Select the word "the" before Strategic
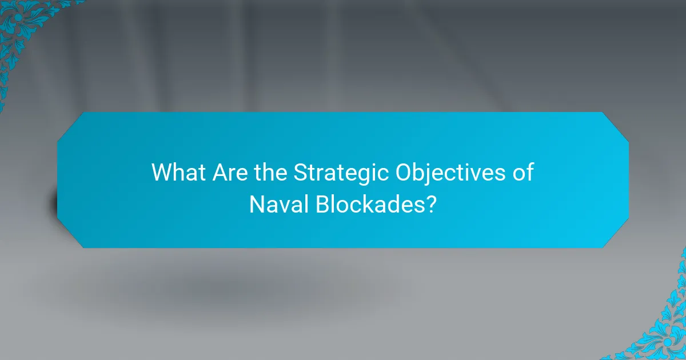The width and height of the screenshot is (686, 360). (269, 173)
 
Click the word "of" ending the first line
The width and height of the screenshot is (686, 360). (524, 173)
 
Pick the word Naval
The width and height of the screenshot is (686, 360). (278, 205)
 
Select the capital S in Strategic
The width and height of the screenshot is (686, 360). (300, 173)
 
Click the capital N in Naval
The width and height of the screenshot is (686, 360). (256, 205)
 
